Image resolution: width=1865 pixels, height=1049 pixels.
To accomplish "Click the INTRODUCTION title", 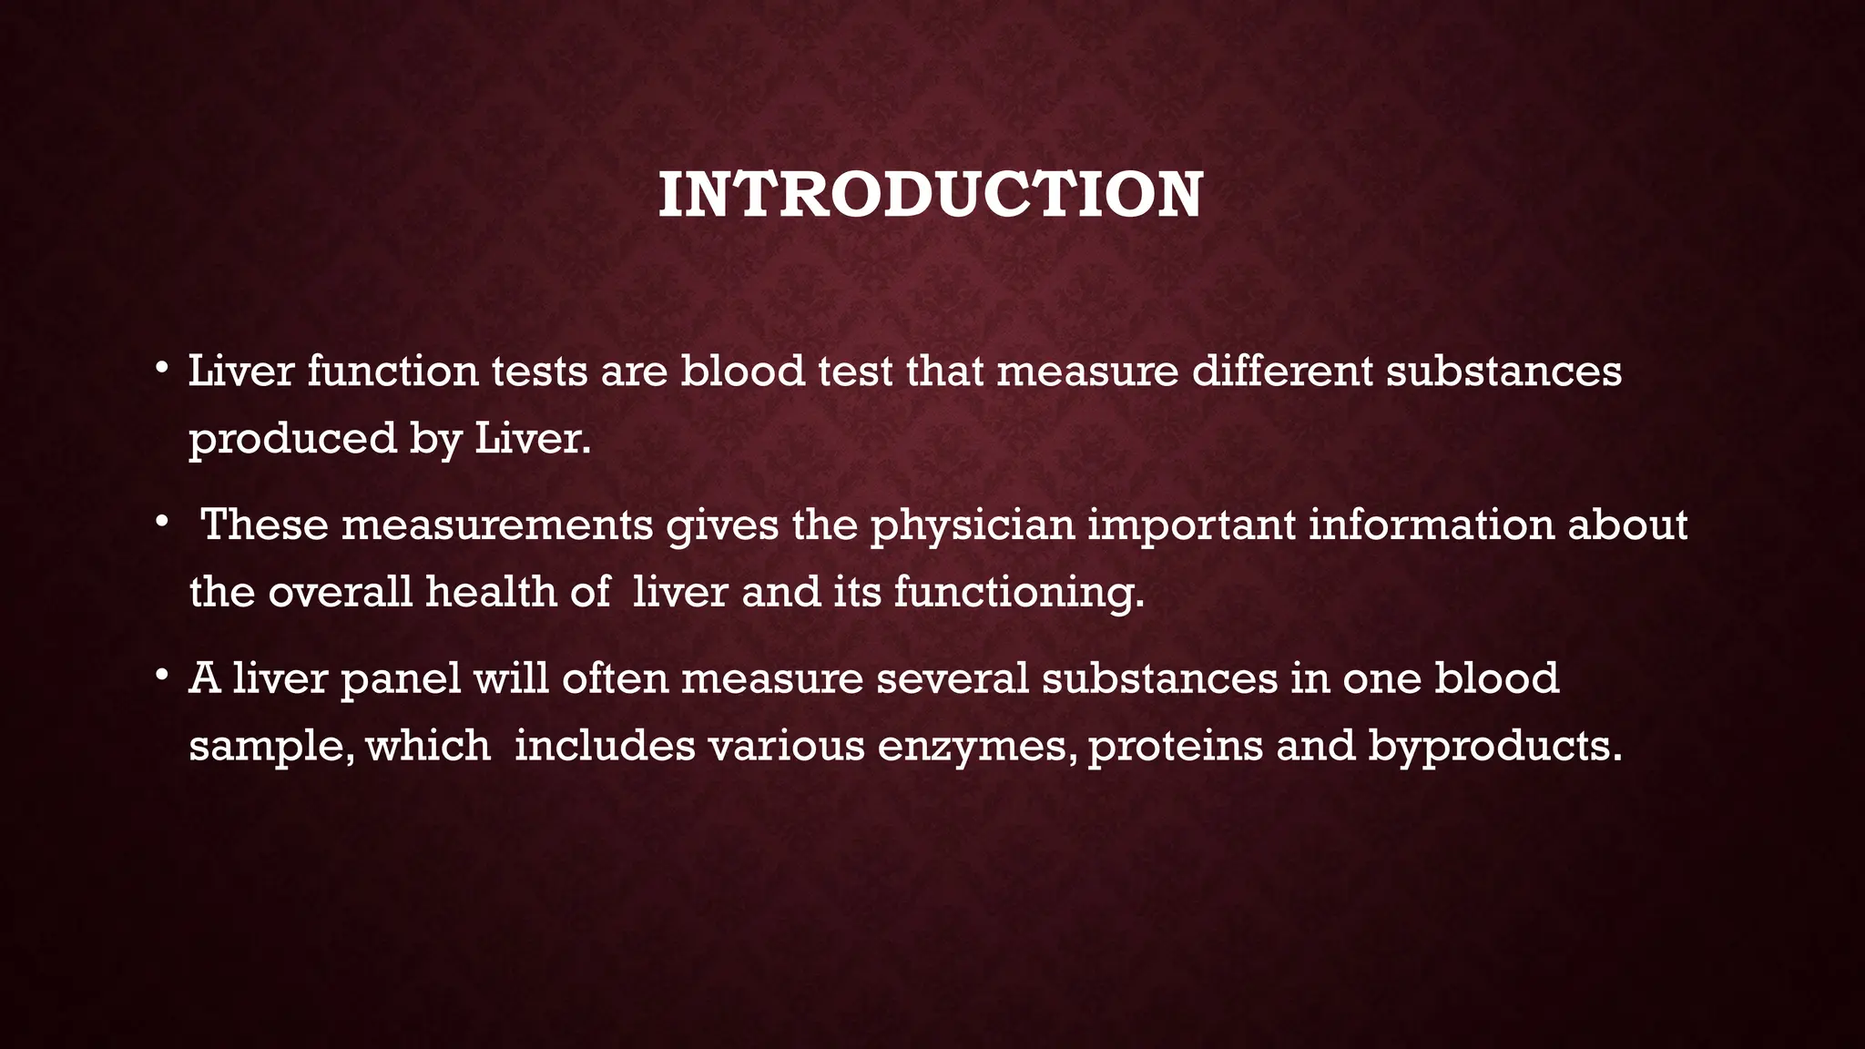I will click(x=930, y=195).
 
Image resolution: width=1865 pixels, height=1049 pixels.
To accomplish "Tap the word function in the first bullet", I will click(x=392, y=372).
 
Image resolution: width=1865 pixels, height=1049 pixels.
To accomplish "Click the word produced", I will click(x=292, y=439).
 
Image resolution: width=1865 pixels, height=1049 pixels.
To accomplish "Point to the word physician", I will click(x=973, y=525).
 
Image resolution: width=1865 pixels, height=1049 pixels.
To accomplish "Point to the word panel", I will click(x=400, y=679).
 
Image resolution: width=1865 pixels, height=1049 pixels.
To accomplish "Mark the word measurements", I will click(x=497, y=525).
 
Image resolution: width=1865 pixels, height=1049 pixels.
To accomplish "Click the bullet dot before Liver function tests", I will click(x=161, y=369).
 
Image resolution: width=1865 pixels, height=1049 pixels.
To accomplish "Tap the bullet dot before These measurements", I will click(x=161, y=523).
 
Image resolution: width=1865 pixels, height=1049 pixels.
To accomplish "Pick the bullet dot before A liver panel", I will click(x=161, y=677).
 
